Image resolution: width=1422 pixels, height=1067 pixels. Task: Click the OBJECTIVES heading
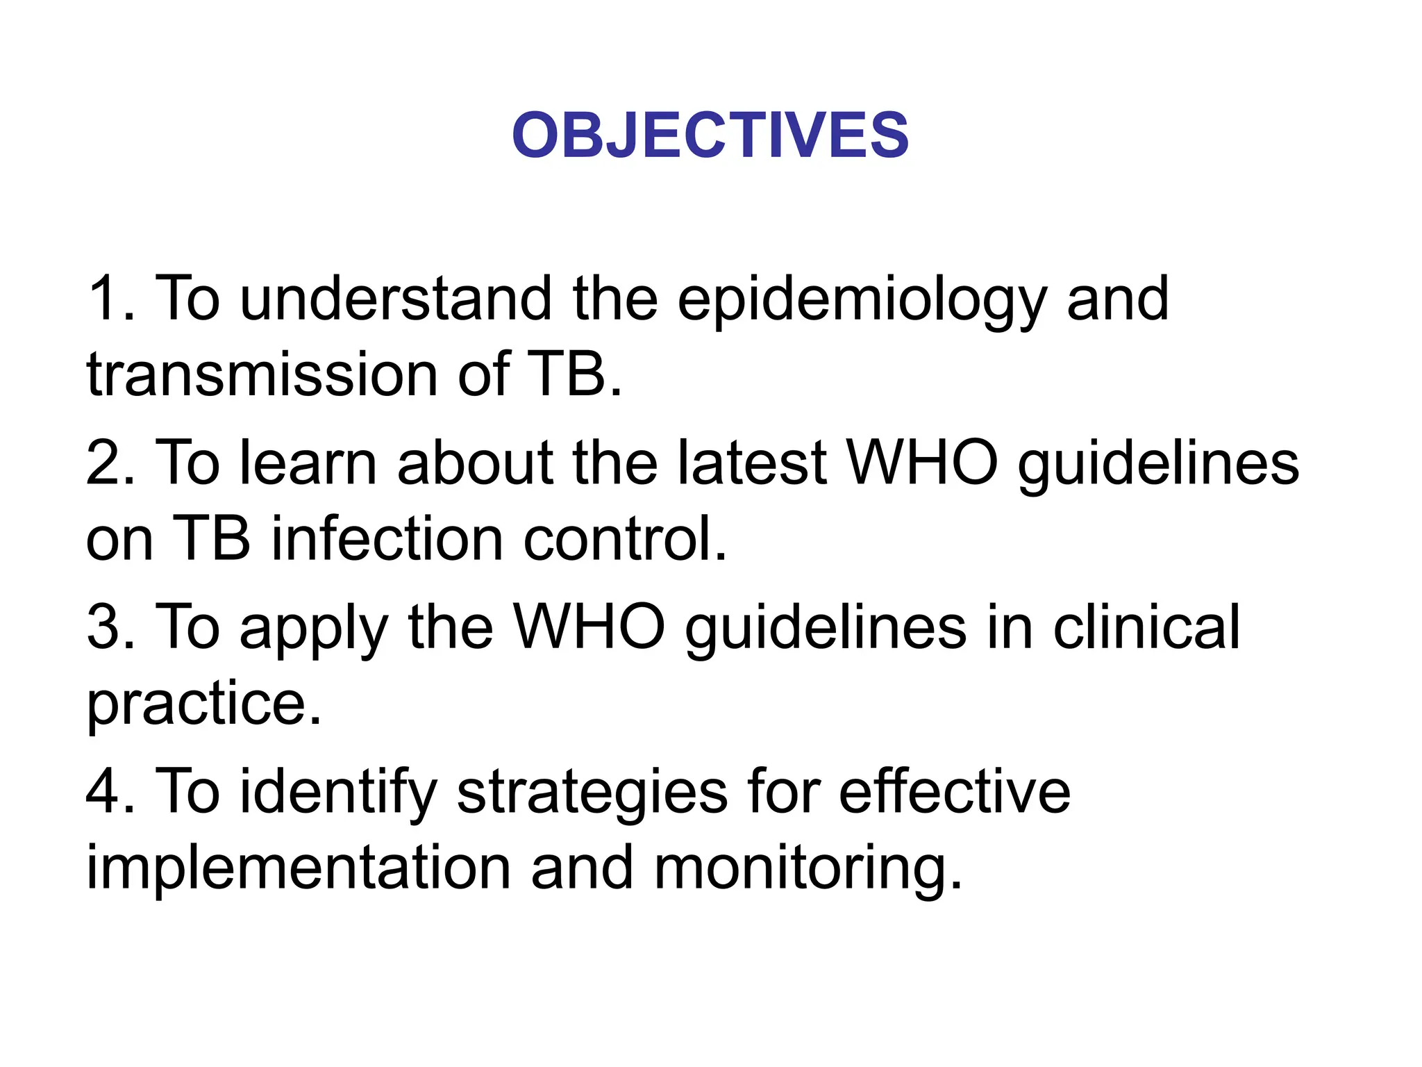tap(710, 135)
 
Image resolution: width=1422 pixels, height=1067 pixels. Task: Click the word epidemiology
tap(861, 300)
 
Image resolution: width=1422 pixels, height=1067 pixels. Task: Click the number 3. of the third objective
tap(111, 627)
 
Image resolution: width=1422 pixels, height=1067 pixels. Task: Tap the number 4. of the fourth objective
tap(111, 792)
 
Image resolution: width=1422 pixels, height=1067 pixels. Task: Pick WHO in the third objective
tap(589, 627)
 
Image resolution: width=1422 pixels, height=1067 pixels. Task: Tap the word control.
tap(625, 539)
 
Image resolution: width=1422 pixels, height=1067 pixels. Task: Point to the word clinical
tap(1146, 627)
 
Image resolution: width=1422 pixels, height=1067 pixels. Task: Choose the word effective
tap(954, 792)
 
